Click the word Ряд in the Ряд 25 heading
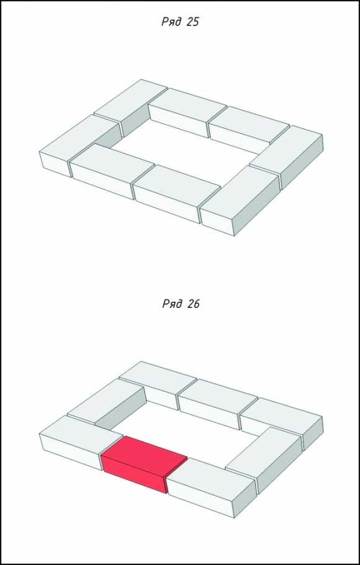[171, 22]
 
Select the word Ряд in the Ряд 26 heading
[173, 304]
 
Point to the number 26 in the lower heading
[194, 304]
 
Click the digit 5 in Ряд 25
[196, 22]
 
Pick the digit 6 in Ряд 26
[197, 304]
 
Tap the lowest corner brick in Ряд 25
[240, 200]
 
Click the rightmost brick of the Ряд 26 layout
[282, 423]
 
